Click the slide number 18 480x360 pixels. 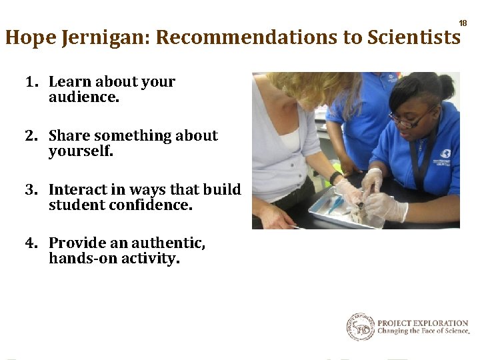click(x=463, y=23)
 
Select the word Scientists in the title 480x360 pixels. click(x=413, y=38)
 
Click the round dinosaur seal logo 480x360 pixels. click(x=360, y=327)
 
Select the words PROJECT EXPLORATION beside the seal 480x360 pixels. click(x=423, y=323)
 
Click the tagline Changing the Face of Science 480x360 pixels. click(x=423, y=331)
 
